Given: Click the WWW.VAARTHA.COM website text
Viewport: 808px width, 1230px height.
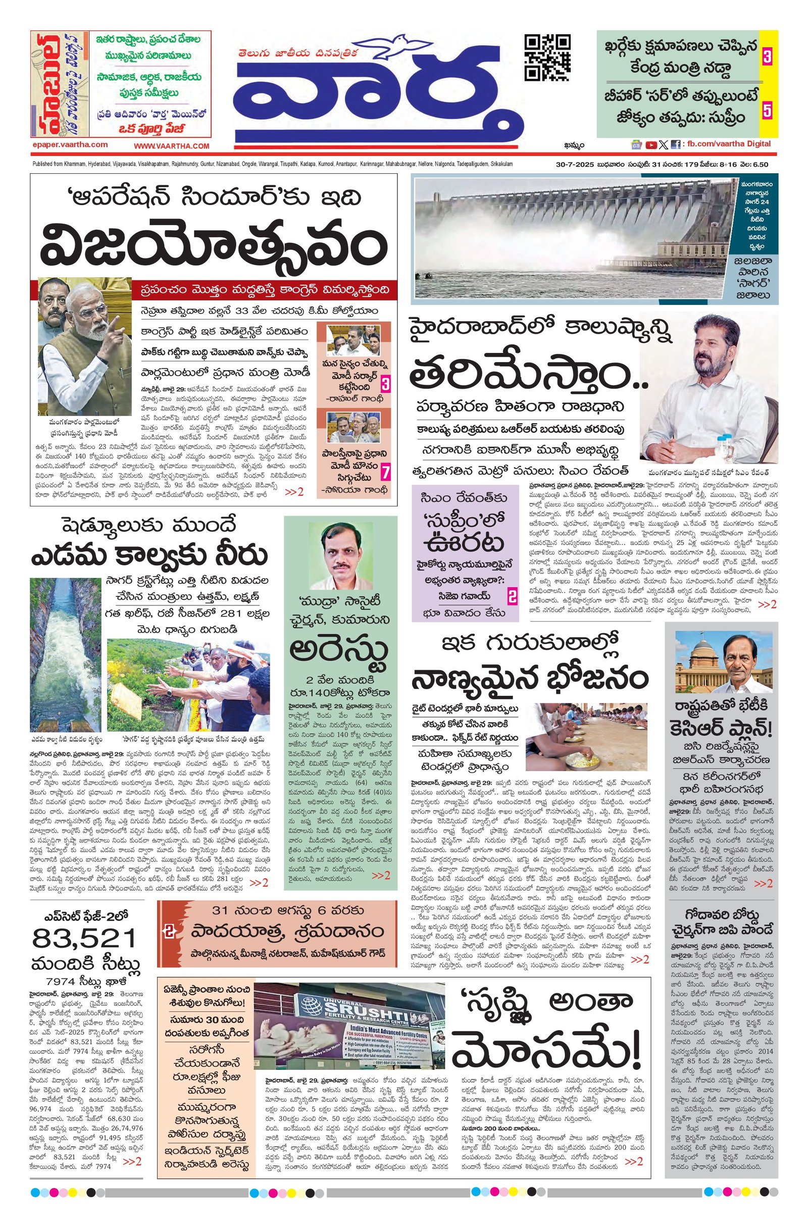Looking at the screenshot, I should [x=171, y=146].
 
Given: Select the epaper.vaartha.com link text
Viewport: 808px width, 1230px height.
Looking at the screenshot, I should [x=69, y=145].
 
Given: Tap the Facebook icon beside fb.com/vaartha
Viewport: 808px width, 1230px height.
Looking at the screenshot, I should [x=675, y=145].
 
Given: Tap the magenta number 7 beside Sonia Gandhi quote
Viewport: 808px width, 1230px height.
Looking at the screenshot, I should [x=384, y=473].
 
